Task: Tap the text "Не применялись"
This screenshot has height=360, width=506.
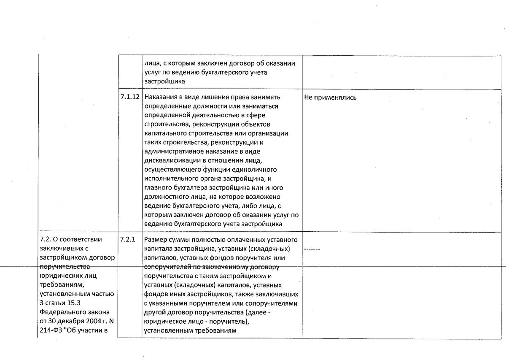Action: (x=330, y=97)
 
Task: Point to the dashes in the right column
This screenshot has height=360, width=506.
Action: (x=312, y=249)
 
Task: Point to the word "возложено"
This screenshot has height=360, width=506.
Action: (x=267, y=198)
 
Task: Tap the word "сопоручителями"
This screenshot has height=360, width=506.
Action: (x=277, y=304)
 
